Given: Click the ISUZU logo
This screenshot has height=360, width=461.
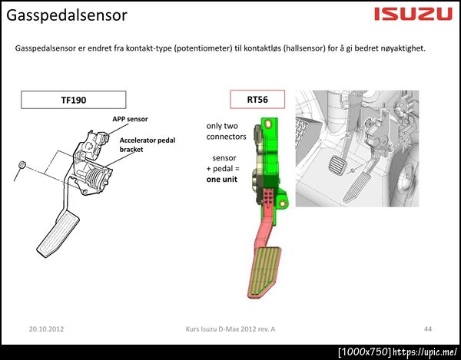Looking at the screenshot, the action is pos(413,14).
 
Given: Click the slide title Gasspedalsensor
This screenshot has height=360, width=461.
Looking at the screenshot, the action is pos(67,15).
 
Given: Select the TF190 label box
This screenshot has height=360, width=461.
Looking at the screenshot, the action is pos(74,100).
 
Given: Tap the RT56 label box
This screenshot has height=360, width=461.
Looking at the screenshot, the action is pos(257,99).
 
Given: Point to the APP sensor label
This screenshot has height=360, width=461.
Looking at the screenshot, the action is pos(130,119).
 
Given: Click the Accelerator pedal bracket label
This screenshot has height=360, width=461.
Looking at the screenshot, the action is pos(148,144).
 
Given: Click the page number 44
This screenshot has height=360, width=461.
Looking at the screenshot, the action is pos(428,329).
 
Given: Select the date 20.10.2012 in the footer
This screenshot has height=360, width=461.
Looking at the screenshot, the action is pos(46,329).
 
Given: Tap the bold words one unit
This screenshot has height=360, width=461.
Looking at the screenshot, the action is pos(222,180).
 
